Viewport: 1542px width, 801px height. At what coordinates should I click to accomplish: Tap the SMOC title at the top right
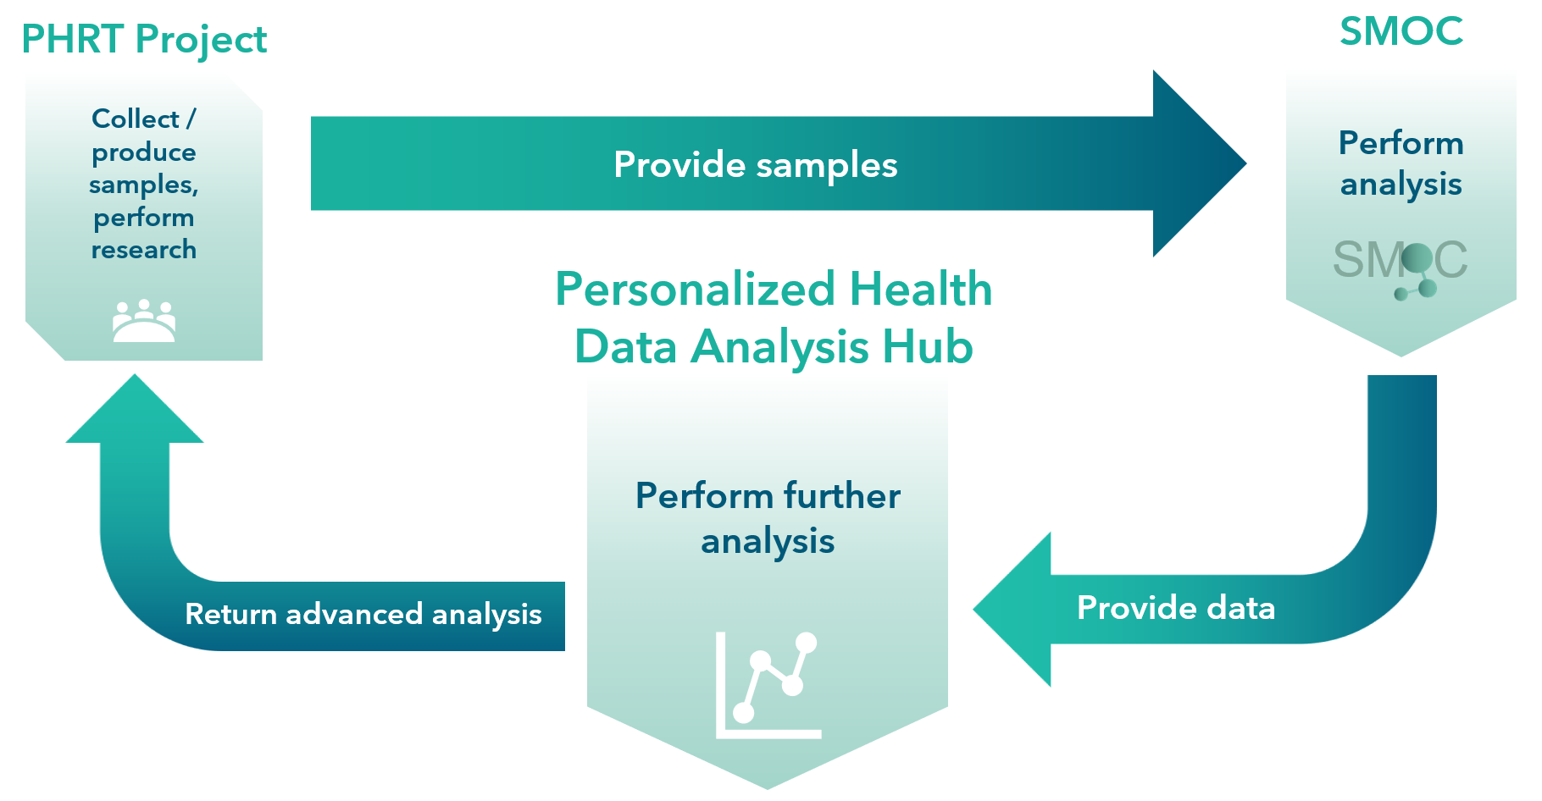(1401, 31)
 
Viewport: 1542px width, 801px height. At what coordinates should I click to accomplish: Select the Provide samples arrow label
(755, 164)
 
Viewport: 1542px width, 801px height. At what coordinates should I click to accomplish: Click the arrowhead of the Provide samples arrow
(1199, 163)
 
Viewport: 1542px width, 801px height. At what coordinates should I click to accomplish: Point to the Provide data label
(1175, 608)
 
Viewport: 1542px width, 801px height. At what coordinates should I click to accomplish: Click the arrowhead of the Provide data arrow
(1012, 609)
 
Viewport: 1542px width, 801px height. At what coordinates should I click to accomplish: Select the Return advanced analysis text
(363, 614)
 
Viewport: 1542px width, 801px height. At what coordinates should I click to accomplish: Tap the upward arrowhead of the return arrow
(135, 408)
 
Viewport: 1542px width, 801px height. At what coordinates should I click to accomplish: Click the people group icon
(144, 321)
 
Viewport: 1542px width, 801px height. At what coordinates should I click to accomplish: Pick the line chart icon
(768, 685)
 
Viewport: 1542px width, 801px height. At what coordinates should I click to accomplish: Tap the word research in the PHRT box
(144, 250)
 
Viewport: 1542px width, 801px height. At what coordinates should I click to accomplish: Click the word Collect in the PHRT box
(136, 119)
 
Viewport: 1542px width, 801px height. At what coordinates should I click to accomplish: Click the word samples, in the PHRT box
(144, 185)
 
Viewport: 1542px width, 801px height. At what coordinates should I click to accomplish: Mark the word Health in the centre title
(921, 290)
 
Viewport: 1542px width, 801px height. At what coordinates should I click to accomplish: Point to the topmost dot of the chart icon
(806, 643)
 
